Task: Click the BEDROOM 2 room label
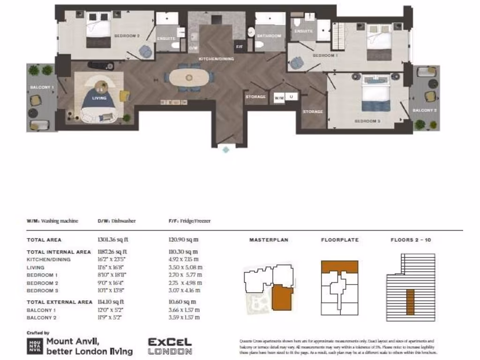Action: [127, 36]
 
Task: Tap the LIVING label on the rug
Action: [99, 98]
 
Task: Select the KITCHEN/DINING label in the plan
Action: [217, 59]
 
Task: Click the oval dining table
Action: [189, 77]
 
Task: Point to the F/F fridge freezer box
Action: [239, 47]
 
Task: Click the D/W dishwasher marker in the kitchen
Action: [193, 48]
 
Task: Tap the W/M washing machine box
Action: [279, 98]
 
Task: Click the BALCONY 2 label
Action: [425, 110]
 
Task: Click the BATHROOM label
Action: [269, 36]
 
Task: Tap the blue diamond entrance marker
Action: [226, 150]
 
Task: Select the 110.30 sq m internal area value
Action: [183, 252]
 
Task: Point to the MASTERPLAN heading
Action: [269, 240]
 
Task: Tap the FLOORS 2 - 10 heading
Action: [411, 240]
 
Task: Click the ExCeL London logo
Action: [170, 346]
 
